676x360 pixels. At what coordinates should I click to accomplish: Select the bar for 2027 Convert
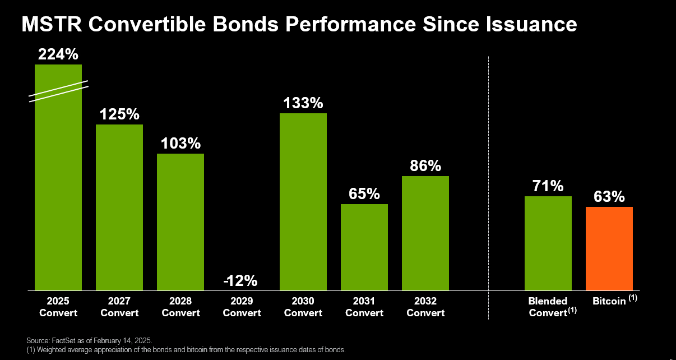[119, 207]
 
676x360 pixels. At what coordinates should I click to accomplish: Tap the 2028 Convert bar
[180, 221]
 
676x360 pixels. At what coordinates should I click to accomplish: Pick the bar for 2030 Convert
[303, 202]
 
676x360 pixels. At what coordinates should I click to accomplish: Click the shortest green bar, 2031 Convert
[364, 247]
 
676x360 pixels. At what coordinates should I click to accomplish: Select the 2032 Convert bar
[425, 233]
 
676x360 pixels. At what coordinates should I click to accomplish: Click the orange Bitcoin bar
[609, 248]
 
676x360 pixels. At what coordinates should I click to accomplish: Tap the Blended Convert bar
[548, 243]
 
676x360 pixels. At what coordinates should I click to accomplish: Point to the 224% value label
[58, 54]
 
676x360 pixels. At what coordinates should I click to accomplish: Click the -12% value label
[242, 280]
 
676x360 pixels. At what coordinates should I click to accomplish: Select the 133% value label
[303, 103]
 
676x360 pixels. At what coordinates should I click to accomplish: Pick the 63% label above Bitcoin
[609, 197]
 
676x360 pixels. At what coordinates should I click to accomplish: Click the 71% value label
[548, 186]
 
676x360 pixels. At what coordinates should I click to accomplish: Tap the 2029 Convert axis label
[242, 307]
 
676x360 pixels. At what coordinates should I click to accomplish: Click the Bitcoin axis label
[609, 301]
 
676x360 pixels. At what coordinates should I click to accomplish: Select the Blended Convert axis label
[548, 307]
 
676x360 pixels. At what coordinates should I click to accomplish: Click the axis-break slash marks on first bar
[58, 91]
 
